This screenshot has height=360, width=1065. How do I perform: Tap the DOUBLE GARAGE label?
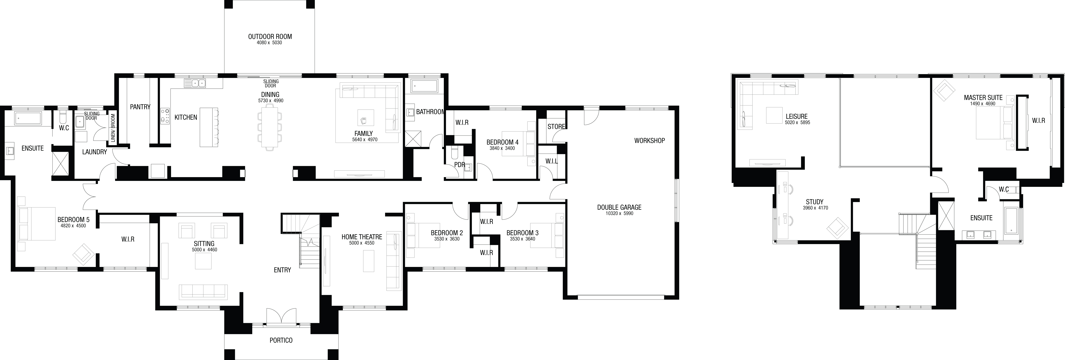coord(619,208)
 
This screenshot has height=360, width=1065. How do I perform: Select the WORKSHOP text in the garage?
coord(649,141)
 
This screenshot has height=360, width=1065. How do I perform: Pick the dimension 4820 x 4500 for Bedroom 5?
coord(73,226)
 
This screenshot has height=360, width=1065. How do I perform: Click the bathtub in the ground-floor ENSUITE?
coord(28,118)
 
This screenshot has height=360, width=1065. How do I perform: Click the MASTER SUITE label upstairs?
coord(983,98)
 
